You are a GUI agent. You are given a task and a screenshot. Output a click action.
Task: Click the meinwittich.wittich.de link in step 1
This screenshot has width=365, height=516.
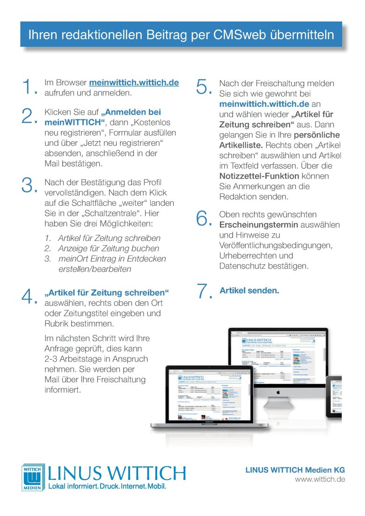coord(134,82)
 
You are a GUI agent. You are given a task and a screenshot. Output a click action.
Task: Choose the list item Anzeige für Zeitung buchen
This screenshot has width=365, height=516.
coord(109,248)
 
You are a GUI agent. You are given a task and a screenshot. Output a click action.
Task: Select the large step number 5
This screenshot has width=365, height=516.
coord(204,87)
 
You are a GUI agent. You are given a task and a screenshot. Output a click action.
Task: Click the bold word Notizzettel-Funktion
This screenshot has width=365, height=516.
coord(259,176)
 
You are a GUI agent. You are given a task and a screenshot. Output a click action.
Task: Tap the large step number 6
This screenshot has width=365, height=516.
coord(204,218)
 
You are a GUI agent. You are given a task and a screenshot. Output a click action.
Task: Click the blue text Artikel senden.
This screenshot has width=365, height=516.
coord(249,291)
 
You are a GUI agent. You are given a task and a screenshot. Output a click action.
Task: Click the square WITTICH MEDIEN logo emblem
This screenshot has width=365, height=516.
coord(32,477)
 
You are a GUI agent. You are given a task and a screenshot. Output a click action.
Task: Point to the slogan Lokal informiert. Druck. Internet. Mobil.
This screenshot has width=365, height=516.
coord(108,486)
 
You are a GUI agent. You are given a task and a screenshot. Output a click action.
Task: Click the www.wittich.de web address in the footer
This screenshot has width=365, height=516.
coord(320,480)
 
